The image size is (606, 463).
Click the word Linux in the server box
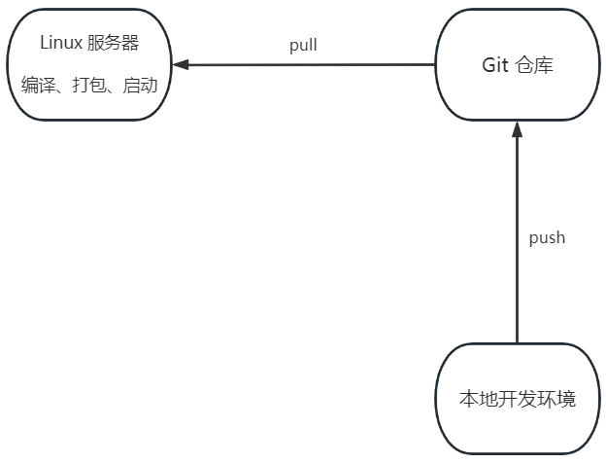(61, 43)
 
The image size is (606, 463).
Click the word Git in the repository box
(495, 65)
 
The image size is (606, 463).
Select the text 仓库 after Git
(536, 65)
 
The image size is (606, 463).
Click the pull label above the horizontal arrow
(303, 45)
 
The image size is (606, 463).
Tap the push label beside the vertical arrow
(547, 237)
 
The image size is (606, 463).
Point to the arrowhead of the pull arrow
(181, 65)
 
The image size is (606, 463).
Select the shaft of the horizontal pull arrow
(311, 65)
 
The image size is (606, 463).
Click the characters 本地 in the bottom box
(474, 399)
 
